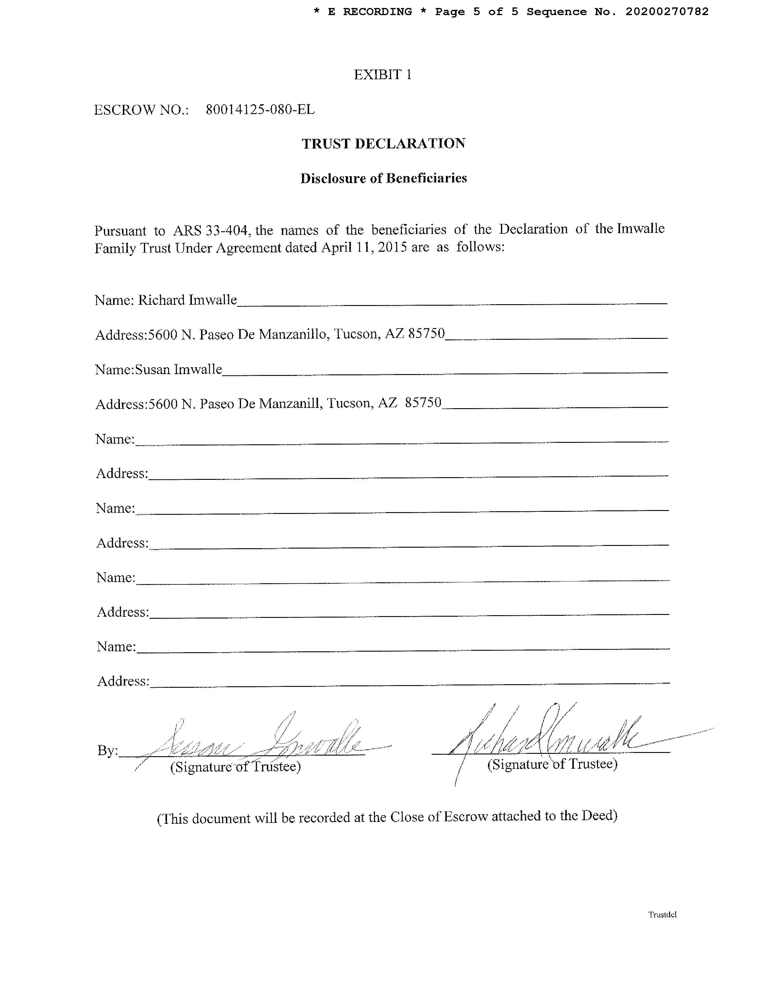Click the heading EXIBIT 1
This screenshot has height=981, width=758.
(x=383, y=75)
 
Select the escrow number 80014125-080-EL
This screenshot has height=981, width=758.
(x=260, y=110)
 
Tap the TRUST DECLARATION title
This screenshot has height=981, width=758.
(x=383, y=144)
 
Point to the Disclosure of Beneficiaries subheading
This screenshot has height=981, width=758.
(x=383, y=178)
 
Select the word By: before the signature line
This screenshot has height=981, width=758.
(x=107, y=751)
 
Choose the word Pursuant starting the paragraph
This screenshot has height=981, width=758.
(x=120, y=231)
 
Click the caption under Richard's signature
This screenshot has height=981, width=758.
(x=552, y=764)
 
